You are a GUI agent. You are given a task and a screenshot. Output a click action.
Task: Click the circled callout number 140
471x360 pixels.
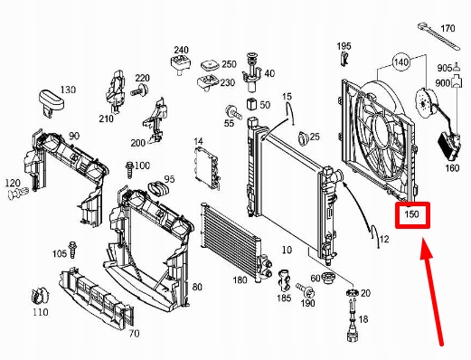(x=401, y=62)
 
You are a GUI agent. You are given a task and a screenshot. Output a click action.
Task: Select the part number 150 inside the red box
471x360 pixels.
(x=411, y=214)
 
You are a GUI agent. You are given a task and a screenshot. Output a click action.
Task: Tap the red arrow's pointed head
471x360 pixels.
(x=426, y=248)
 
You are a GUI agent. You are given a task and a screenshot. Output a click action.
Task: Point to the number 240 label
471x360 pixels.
(x=181, y=50)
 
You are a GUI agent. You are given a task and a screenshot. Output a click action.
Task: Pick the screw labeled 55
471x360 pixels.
(x=233, y=112)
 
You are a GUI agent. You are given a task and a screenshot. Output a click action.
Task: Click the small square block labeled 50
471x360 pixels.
(x=251, y=104)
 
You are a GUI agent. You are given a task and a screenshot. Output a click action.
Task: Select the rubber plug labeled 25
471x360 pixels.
(x=303, y=138)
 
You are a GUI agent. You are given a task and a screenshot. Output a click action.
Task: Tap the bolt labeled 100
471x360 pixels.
(x=129, y=170)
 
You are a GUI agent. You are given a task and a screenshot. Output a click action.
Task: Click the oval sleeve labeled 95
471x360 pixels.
(x=159, y=189)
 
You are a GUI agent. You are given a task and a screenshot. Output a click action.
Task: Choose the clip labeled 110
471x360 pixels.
(x=41, y=296)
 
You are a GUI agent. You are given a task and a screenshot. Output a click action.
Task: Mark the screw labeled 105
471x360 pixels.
(x=72, y=250)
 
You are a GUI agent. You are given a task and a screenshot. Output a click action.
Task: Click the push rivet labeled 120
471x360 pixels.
(x=18, y=193)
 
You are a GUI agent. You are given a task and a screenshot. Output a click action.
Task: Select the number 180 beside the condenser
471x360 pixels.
(x=240, y=279)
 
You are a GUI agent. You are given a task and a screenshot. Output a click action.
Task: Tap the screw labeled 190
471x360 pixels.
(x=306, y=289)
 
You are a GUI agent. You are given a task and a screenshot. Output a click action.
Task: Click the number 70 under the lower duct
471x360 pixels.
(x=134, y=334)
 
